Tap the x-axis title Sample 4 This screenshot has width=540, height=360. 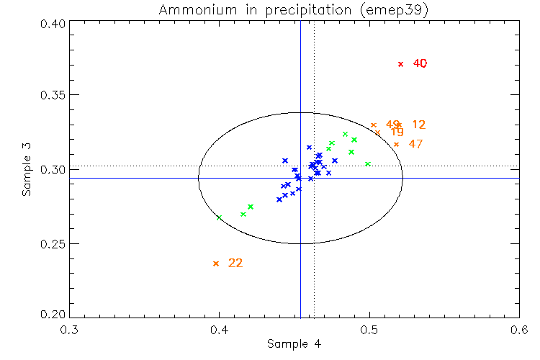294,344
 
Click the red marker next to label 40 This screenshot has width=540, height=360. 401,64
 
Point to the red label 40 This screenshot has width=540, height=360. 420,63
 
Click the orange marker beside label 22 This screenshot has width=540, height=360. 216,264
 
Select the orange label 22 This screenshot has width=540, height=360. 235,263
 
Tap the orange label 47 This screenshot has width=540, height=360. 415,144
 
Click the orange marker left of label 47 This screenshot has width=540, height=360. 396,145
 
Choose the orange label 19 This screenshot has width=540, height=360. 397,132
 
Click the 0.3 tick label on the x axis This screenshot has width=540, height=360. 70,330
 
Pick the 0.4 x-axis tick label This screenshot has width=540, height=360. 218,330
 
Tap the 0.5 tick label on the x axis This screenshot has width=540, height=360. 369,330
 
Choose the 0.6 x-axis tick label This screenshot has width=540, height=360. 518,330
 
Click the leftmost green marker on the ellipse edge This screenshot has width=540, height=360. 219,217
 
